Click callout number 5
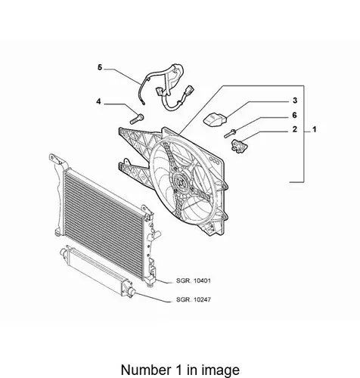click(100, 67)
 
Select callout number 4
click(98, 101)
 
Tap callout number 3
click(295, 101)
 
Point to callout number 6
click(294, 115)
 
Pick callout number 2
click(295, 129)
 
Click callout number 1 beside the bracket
click(314, 129)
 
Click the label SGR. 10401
click(194, 280)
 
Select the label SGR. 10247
click(194, 299)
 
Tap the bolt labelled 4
click(137, 119)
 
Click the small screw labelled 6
click(230, 133)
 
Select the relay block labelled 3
click(215, 119)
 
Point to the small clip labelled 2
click(238, 146)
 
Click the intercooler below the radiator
click(98, 271)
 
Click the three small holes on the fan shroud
click(214, 160)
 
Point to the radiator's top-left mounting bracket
click(57, 160)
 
